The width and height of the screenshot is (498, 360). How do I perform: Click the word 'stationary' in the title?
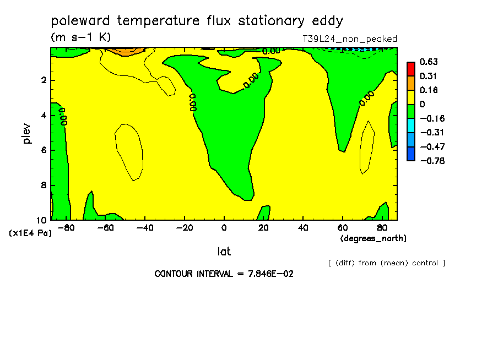271,21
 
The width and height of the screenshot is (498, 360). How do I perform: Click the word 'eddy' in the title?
327,20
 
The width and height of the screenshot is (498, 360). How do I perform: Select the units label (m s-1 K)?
80,37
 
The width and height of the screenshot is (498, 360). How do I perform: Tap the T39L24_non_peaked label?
350,39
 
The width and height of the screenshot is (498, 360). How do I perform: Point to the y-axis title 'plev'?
26,134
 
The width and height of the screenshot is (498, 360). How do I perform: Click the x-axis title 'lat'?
224,252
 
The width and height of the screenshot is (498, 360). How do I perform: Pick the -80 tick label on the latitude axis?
66,228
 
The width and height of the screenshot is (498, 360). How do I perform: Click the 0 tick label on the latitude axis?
224,228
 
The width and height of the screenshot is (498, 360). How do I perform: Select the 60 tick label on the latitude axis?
343,228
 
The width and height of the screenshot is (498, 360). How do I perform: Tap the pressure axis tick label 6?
44,150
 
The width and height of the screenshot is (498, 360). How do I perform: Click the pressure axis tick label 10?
41,220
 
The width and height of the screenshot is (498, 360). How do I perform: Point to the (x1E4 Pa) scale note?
30,233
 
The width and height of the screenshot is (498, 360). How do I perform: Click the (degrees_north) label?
373,238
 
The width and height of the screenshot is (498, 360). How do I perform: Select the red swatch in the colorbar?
411,69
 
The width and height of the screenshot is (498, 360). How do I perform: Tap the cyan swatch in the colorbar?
411,126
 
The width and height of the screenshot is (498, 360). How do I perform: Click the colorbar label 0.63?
429,62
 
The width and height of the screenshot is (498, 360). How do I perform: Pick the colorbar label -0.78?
432,161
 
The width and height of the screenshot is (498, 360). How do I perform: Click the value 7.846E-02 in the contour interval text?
270,274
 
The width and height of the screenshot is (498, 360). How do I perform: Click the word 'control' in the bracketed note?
425,263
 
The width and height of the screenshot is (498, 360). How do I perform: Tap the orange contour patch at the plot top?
126,51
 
